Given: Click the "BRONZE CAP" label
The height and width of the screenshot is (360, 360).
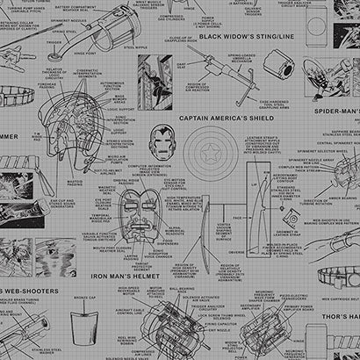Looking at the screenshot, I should pyautogui.click(x=86, y=299).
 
